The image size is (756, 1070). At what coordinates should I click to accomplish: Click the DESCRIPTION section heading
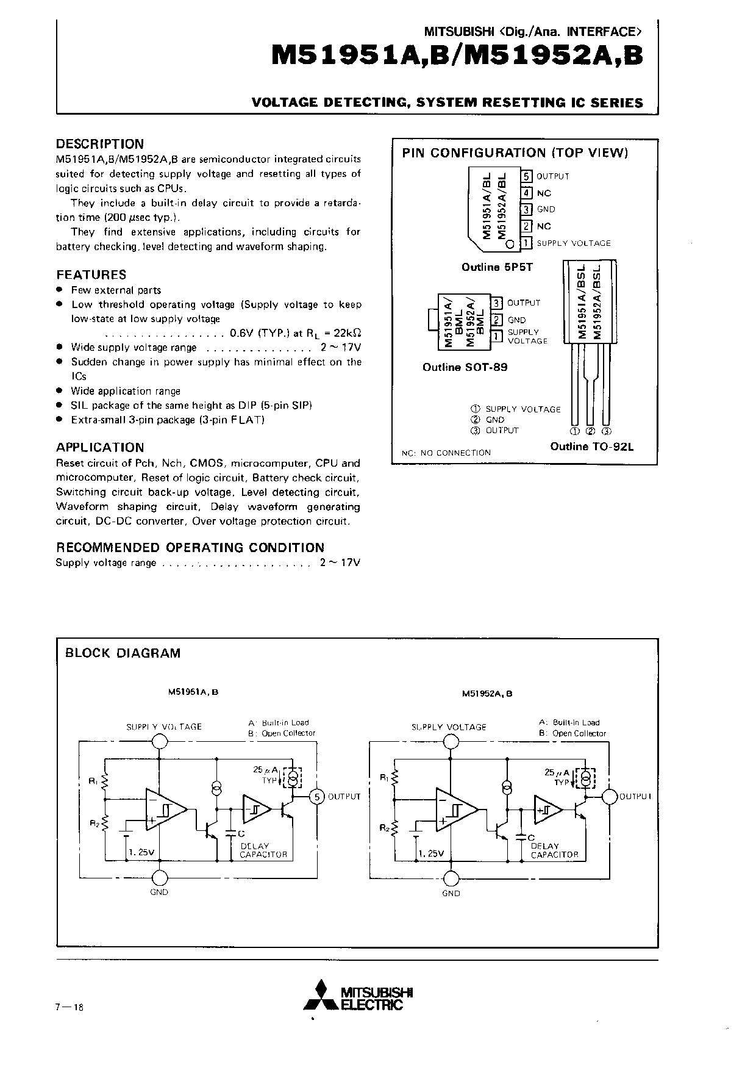pyautogui.click(x=100, y=144)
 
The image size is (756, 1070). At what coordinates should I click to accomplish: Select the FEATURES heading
pyautogui.click(x=91, y=275)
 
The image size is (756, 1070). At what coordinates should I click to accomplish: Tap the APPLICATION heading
pyautogui.click(x=100, y=447)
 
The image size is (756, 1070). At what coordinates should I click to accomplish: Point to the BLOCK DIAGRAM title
pyautogui.click(x=123, y=653)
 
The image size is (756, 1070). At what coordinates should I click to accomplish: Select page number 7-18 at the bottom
pyautogui.click(x=69, y=1007)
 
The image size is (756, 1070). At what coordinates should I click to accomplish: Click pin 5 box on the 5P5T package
pyautogui.click(x=527, y=176)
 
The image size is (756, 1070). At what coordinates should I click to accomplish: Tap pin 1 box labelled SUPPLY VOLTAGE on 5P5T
pyautogui.click(x=527, y=243)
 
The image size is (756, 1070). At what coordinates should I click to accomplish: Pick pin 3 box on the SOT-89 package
pyautogui.click(x=497, y=303)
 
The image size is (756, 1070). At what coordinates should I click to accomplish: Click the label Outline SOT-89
pyautogui.click(x=465, y=367)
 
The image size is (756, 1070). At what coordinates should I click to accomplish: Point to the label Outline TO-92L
pyautogui.click(x=592, y=447)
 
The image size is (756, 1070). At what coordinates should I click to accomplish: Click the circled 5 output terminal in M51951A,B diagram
pyautogui.click(x=316, y=797)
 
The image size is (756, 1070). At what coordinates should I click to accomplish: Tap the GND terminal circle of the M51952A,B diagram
pyautogui.click(x=451, y=878)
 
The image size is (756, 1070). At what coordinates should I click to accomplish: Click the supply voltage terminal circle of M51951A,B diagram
pyautogui.click(x=160, y=741)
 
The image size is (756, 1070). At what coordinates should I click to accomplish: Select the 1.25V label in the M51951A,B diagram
pyautogui.click(x=141, y=852)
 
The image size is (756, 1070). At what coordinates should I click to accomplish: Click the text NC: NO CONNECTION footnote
pyautogui.click(x=446, y=453)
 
